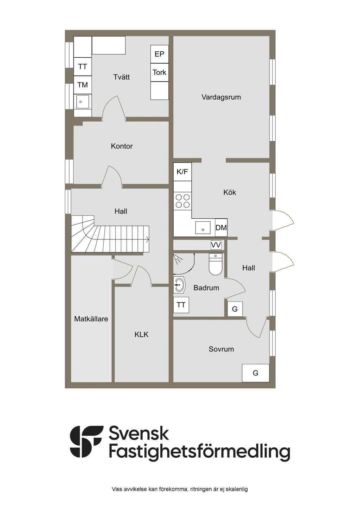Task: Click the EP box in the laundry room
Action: (x=159, y=54)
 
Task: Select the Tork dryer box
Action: (x=159, y=72)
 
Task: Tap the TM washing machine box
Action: (x=83, y=85)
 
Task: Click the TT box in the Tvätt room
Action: (x=83, y=67)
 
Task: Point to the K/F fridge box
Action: (x=182, y=172)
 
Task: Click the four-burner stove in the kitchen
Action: (x=182, y=201)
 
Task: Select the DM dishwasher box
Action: (x=221, y=228)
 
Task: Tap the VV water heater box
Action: (x=216, y=245)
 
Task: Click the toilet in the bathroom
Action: (x=216, y=265)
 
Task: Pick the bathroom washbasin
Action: (x=179, y=285)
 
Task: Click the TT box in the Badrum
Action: (x=181, y=305)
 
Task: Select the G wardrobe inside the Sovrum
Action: (x=256, y=373)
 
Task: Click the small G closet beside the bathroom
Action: (x=235, y=309)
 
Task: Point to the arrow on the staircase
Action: (x=147, y=240)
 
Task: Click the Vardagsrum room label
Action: (x=221, y=97)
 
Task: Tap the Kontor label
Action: (x=122, y=146)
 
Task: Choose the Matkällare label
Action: (x=91, y=319)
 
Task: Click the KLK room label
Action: (x=141, y=334)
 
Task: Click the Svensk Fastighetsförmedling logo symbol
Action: (x=86, y=442)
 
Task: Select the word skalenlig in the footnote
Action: (x=237, y=489)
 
